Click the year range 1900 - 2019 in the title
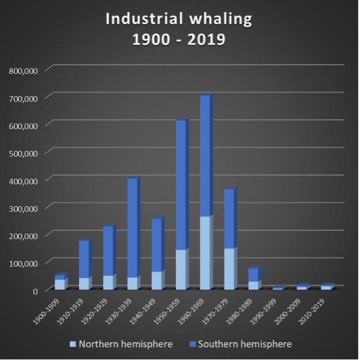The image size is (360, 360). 179,40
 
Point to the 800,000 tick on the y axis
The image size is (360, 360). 24,71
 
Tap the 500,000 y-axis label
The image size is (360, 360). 24,153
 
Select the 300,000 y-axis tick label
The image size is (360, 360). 24,209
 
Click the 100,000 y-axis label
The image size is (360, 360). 24,263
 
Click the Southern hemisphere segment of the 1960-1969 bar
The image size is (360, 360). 205,156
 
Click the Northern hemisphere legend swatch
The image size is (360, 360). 73,344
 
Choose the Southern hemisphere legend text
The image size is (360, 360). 245,344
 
